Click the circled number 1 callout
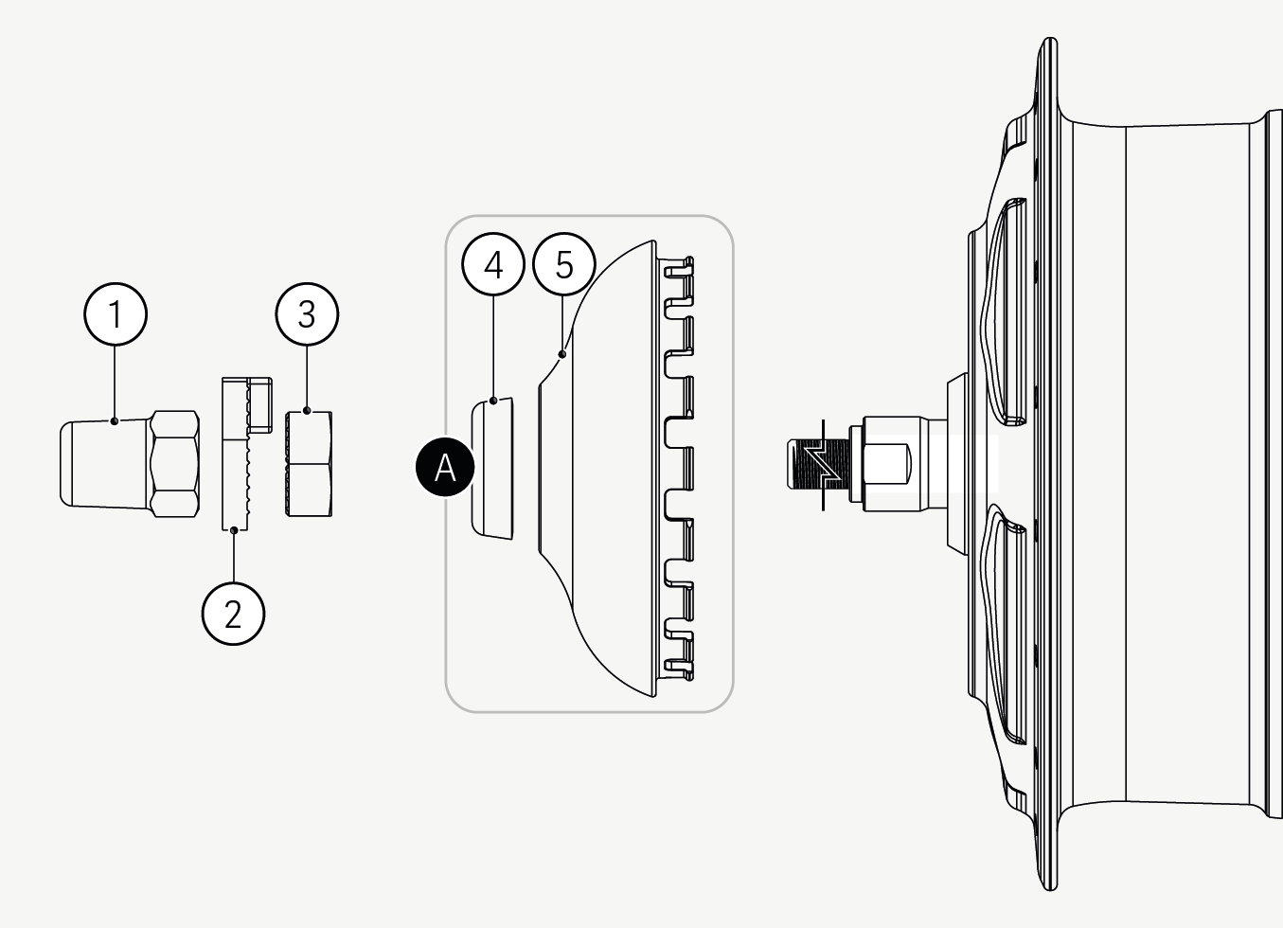pos(116,314)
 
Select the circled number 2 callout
pos(233,614)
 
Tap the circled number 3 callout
pos(307,314)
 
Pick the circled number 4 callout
pos(493,264)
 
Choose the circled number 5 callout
pos(564,264)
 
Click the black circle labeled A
pos(445,467)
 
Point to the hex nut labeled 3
pos(309,464)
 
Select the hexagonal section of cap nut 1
pos(174,463)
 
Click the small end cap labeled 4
pos(492,469)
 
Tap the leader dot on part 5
pos(562,355)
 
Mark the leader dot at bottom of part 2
pos(234,530)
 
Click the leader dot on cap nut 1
pos(115,420)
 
